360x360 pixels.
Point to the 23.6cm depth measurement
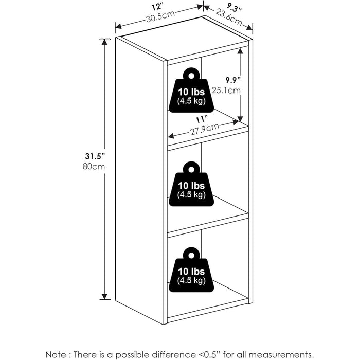tap(229, 20)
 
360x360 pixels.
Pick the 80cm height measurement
tap(95, 167)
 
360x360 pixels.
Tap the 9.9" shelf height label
tap(232, 80)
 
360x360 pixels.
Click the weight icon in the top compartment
tap(191, 91)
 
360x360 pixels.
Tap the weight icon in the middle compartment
tap(191, 185)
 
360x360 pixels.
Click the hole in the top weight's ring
tap(191, 75)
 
